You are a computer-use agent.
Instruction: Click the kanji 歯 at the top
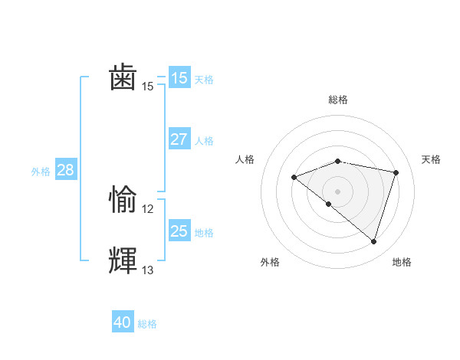[x=123, y=78]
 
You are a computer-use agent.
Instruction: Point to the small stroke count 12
[x=148, y=209]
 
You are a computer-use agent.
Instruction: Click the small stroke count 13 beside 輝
[x=148, y=270]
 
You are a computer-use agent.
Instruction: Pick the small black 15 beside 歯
[x=148, y=87]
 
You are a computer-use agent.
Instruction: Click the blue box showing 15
[x=179, y=77]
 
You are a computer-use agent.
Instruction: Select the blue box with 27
[x=179, y=139]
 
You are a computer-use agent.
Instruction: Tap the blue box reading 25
[x=179, y=231]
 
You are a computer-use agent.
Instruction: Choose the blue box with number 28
[x=65, y=170]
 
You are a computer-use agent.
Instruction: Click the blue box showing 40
[x=123, y=322]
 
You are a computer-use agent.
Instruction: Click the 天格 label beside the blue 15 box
[x=204, y=79]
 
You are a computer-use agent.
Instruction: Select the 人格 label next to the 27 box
[x=204, y=141]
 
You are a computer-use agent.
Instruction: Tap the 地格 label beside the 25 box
[x=204, y=232]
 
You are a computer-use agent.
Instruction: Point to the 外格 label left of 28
[x=41, y=172]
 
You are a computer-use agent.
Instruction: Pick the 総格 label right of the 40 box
[x=147, y=324]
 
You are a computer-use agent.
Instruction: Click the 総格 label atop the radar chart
[x=338, y=100]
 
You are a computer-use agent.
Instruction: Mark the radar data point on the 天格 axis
[x=396, y=172]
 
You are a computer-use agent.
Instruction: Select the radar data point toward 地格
[x=373, y=241]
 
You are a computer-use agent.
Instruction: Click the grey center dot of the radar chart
[x=338, y=191]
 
